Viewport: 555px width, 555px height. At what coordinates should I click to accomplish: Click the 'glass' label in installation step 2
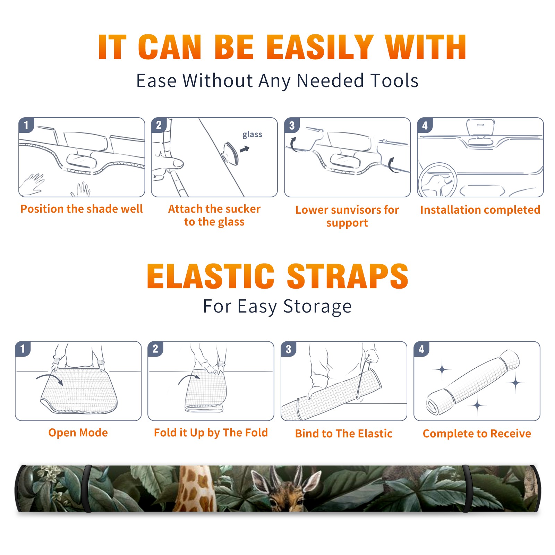pyautogui.click(x=252, y=135)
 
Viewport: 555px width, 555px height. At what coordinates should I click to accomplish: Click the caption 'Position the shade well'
pyautogui.click(x=82, y=209)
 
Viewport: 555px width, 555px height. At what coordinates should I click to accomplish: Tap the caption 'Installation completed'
pyautogui.click(x=480, y=210)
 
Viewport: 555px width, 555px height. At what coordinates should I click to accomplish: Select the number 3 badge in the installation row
pyautogui.click(x=292, y=125)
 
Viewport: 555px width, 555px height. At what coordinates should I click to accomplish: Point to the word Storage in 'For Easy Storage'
pyautogui.click(x=317, y=307)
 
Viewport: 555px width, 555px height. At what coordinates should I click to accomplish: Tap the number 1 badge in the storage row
pyautogui.click(x=23, y=349)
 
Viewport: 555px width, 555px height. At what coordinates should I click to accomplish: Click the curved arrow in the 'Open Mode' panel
pyautogui.click(x=50, y=378)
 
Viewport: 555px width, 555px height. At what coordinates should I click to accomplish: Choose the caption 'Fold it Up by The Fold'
pyautogui.click(x=211, y=433)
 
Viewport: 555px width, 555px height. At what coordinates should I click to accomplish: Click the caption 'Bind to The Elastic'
pyautogui.click(x=344, y=433)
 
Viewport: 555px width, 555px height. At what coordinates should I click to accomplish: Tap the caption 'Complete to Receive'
pyautogui.click(x=477, y=433)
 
